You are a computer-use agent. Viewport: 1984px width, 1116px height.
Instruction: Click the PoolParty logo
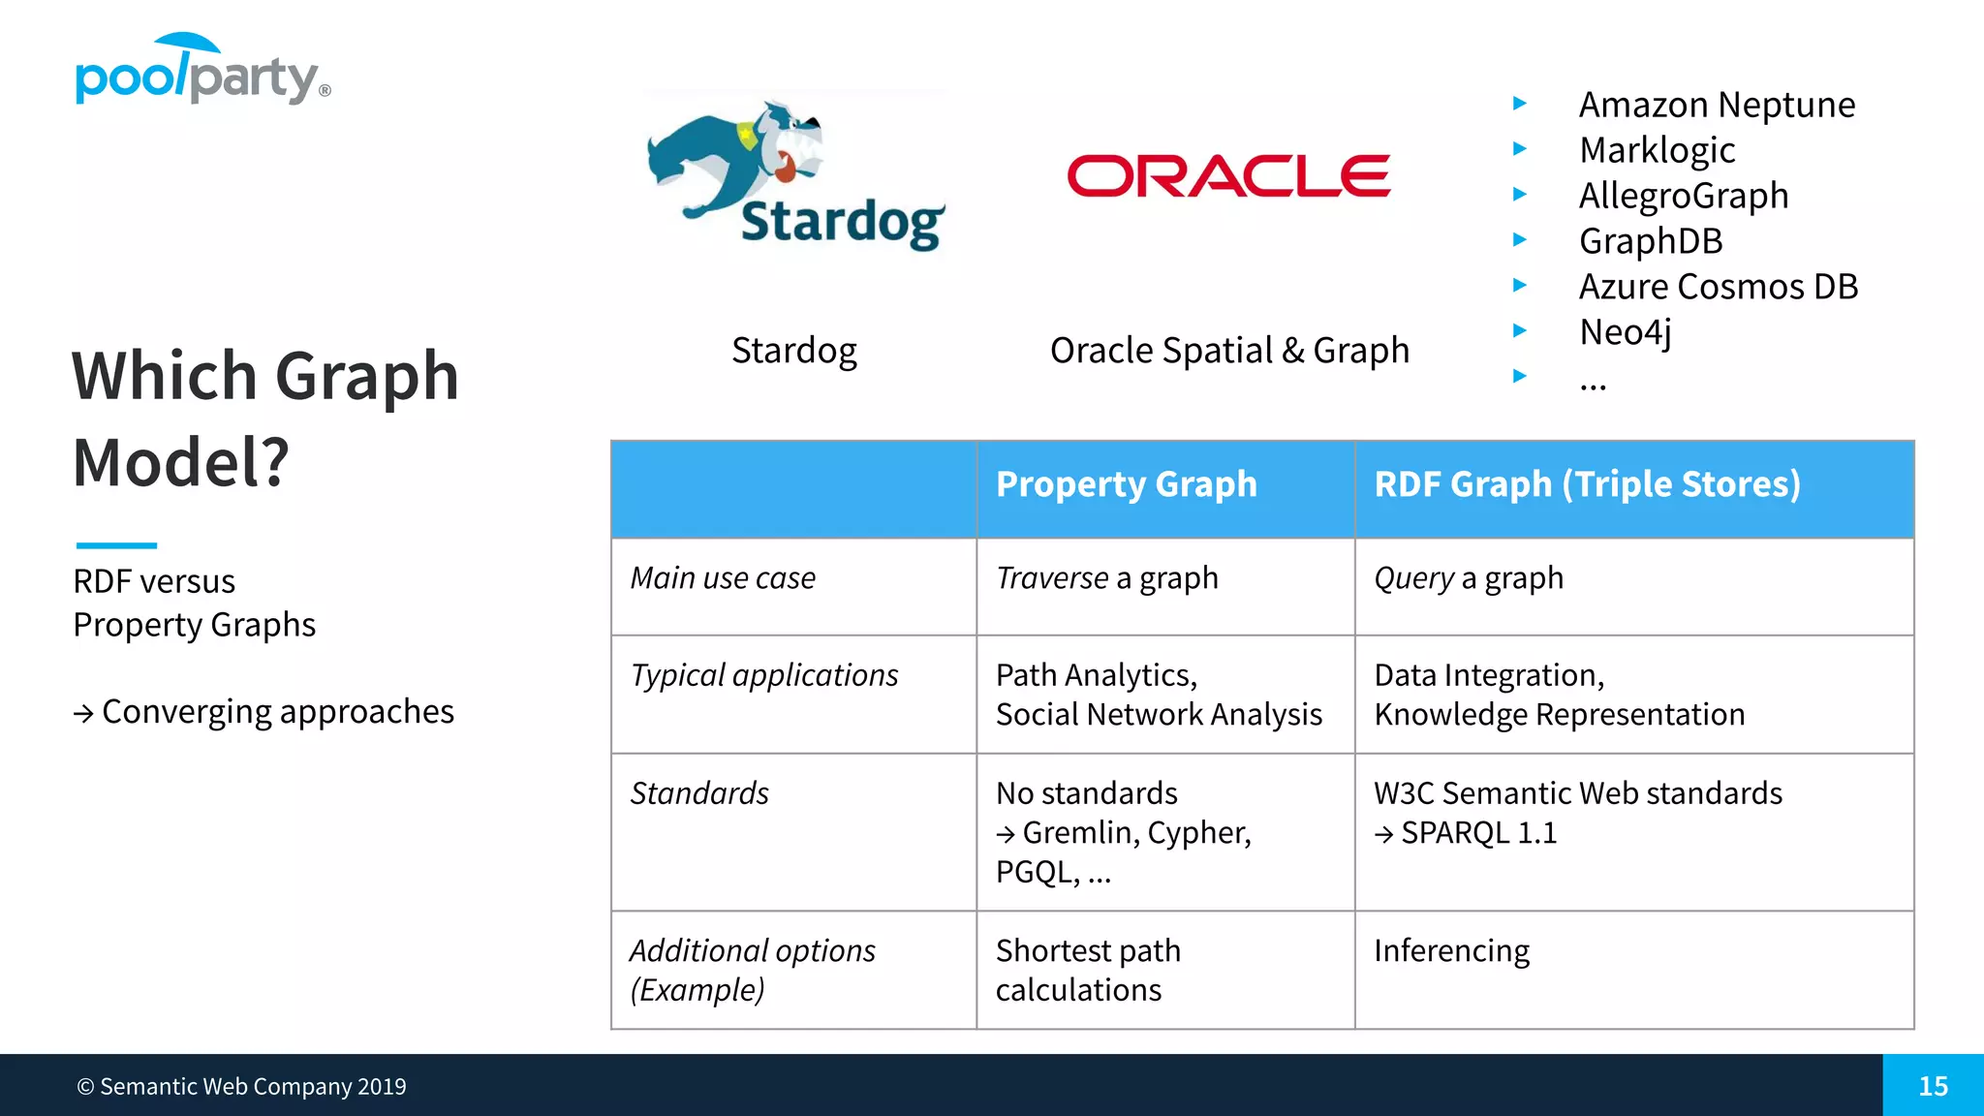(202, 72)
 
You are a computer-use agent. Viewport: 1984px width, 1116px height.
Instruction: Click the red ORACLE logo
(1228, 176)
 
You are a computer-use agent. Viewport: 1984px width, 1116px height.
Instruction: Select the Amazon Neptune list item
(1717, 105)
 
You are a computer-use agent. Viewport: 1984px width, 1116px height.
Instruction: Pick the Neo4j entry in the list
(1626, 332)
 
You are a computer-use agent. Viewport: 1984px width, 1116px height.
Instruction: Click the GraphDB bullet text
(1651, 241)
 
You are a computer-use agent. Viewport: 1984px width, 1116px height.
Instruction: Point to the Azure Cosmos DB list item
(1718, 287)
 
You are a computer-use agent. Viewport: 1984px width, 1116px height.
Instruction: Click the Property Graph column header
(1126, 484)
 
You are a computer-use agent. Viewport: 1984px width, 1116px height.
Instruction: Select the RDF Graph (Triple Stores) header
(1587, 484)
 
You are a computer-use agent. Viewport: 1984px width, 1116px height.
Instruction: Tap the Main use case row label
(723, 578)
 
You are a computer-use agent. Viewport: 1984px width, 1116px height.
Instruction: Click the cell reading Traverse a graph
(1106, 578)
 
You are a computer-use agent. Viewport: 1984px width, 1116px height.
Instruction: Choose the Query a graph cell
(1468, 578)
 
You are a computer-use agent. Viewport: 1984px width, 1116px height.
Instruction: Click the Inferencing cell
(1451, 951)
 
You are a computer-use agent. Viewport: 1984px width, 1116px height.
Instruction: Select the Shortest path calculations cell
(1088, 970)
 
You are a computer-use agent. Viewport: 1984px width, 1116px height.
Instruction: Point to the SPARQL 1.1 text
(1477, 833)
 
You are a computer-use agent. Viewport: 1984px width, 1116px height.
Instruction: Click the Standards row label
(698, 793)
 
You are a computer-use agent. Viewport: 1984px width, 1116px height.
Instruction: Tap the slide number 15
(1933, 1086)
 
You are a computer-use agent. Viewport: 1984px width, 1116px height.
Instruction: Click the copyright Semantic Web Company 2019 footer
(241, 1087)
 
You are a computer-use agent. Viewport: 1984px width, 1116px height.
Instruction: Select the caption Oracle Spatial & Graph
(1229, 351)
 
